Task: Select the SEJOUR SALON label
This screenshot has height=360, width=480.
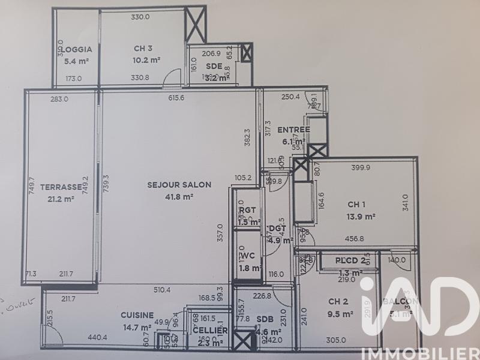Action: point(179,185)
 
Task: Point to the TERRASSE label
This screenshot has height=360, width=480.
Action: point(56,187)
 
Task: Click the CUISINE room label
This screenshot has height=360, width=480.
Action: point(137,315)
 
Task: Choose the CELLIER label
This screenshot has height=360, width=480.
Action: point(210,331)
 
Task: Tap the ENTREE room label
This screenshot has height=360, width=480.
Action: point(293,130)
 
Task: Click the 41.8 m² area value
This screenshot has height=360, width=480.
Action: point(179,196)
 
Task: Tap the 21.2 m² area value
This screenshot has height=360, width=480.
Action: point(56,198)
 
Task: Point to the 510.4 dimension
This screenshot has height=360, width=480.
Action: point(162,290)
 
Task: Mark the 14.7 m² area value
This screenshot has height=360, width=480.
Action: point(137,327)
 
